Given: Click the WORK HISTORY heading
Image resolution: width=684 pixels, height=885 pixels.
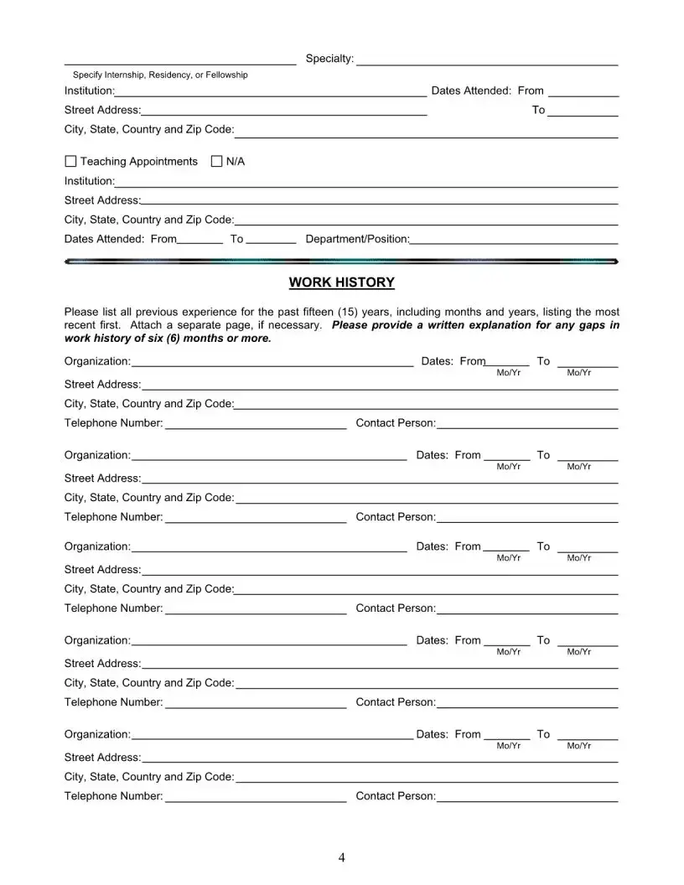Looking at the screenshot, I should click(x=341, y=282).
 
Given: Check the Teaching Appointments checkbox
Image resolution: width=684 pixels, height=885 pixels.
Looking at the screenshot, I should click(x=70, y=161).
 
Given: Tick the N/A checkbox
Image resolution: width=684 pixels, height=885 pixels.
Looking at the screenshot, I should click(x=217, y=161).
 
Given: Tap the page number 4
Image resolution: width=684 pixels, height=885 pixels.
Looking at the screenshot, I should click(x=342, y=857).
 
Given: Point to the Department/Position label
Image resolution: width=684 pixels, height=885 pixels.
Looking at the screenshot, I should click(x=357, y=239).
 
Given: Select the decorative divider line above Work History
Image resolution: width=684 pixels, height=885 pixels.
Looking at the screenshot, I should click(x=341, y=261).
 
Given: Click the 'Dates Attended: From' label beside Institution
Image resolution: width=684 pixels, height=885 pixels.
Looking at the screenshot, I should click(x=487, y=91).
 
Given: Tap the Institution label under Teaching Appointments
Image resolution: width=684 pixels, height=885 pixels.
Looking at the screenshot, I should click(x=90, y=181).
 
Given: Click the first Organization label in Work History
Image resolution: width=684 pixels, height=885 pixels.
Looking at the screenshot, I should click(x=97, y=361).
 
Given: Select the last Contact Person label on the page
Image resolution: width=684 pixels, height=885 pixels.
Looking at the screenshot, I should click(x=396, y=796).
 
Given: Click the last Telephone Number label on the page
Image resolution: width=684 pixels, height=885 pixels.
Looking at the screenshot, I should click(x=113, y=796).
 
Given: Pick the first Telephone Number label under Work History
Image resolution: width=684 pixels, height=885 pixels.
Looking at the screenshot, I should click(x=113, y=423).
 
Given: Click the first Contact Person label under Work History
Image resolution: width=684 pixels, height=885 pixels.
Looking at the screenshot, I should click(x=396, y=423).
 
